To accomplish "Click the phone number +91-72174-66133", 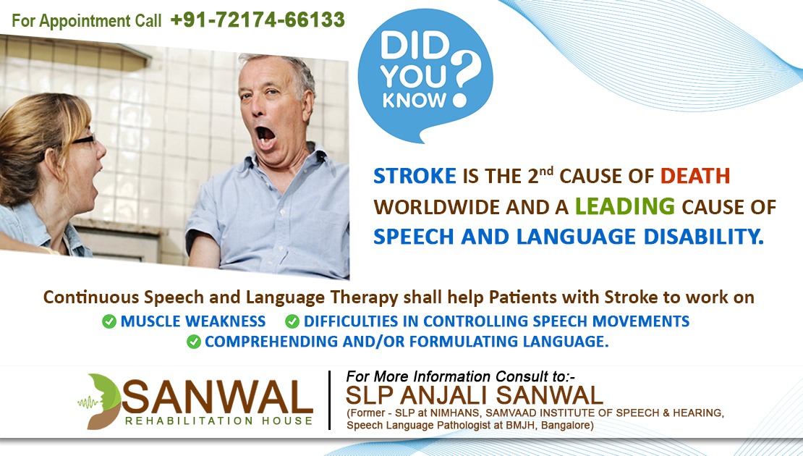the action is pos(258,20).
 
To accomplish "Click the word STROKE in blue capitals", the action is pos(415,177).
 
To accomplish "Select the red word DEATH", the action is pos(695,177).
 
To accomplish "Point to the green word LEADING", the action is pos(625,206).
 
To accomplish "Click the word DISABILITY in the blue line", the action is pos(704,237).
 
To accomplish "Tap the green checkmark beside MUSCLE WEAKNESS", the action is pos(109,322).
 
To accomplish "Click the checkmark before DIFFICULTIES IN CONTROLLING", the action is pos(292,322).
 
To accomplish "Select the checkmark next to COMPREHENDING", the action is pos(194,342).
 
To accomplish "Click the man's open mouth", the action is pos(265,138).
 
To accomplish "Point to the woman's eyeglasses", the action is pos(82,140).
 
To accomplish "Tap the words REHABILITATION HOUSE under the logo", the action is pos(218,421).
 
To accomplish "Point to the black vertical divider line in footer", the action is pos(329,400).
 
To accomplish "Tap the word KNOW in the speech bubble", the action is pos(415,100).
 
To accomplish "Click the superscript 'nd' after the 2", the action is pos(546,170).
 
